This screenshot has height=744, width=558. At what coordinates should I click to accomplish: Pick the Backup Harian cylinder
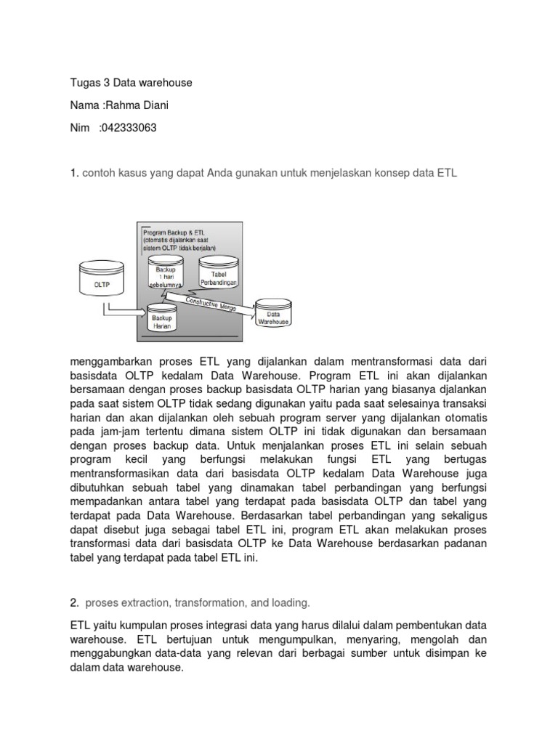click(162, 320)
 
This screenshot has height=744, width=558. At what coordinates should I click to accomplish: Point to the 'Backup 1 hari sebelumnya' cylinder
click(165, 273)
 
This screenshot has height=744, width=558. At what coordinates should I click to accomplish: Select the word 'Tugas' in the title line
click(86, 83)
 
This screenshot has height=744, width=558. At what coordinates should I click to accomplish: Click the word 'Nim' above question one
click(80, 129)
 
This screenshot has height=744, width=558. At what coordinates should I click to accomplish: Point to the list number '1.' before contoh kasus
click(75, 174)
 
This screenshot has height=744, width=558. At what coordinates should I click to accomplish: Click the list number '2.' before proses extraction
click(75, 602)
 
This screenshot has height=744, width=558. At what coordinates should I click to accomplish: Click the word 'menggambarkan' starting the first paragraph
click(110, 361)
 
